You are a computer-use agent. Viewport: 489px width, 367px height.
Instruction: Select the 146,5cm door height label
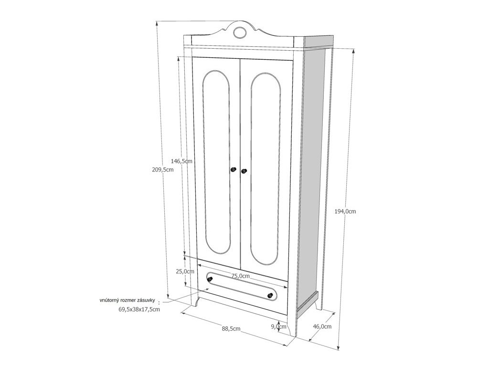(181, 162)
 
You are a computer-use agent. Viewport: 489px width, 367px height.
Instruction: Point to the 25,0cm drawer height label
(185, 271)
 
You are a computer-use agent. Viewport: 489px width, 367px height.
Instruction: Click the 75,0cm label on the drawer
(241, 276)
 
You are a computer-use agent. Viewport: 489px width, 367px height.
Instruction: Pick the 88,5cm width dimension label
(231, 328)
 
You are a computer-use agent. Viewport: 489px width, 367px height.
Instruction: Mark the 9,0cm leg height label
(278, 327)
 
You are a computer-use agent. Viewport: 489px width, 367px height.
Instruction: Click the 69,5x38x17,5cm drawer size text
(139, 309)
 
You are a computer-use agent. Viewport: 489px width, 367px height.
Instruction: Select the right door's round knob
(244, 171)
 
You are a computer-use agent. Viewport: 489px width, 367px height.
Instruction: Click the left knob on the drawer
(210, 278)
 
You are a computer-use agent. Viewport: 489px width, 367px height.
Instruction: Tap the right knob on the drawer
(271, 296)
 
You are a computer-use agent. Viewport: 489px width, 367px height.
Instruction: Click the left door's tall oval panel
(216, 162)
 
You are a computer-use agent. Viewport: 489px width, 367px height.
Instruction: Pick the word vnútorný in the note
(110, 300)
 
